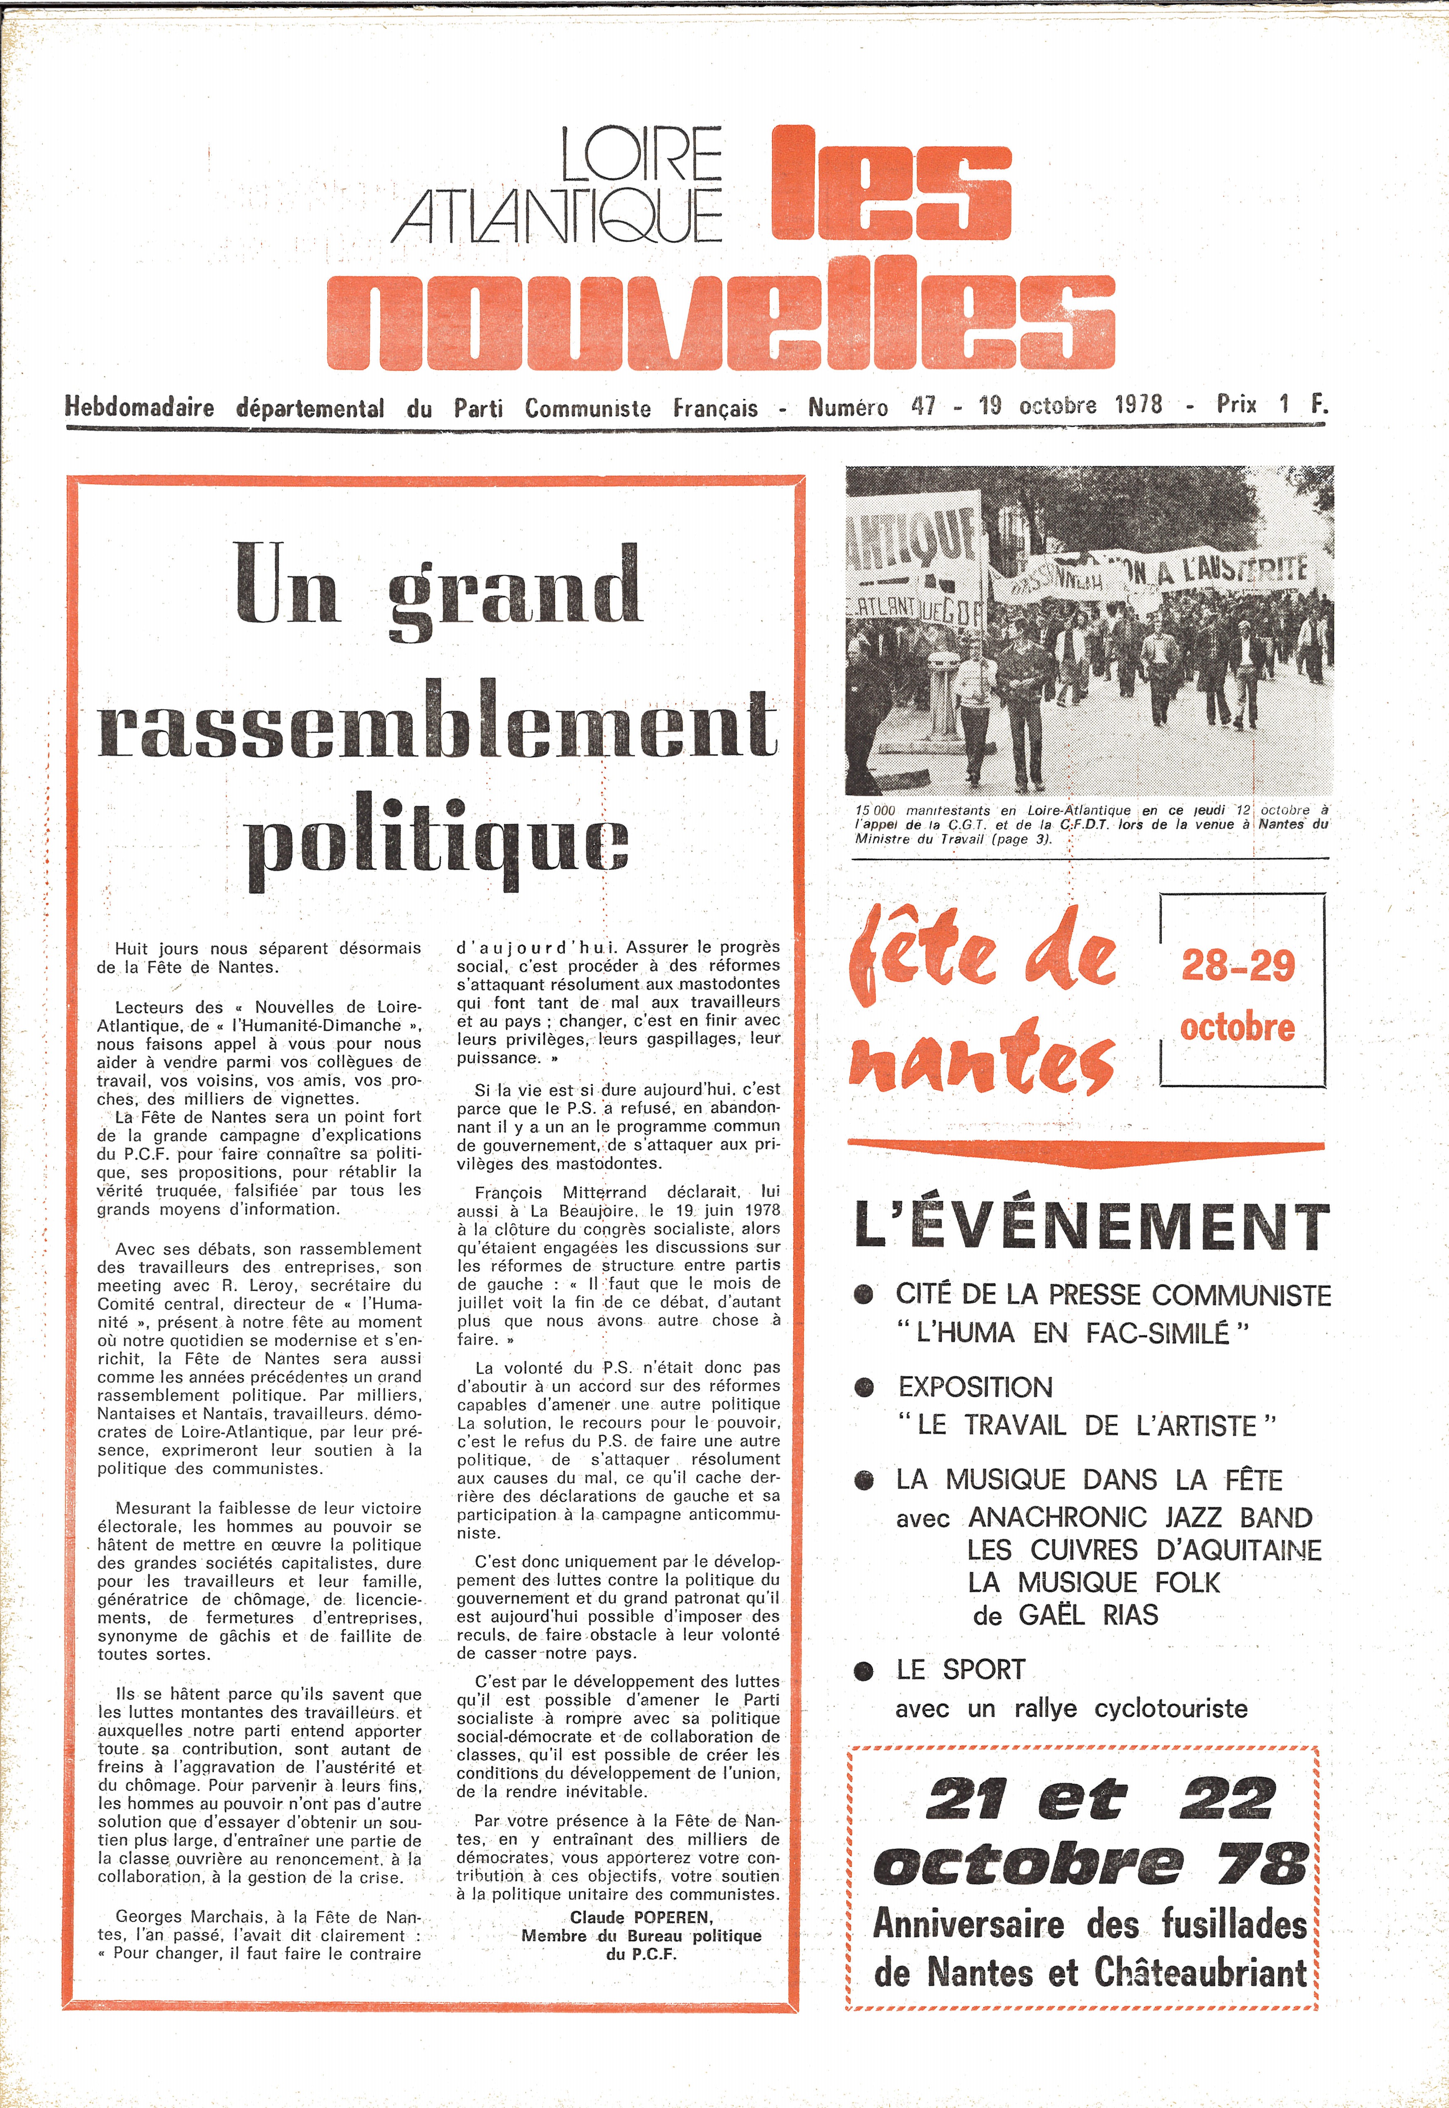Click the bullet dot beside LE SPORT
pos(864,1670)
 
